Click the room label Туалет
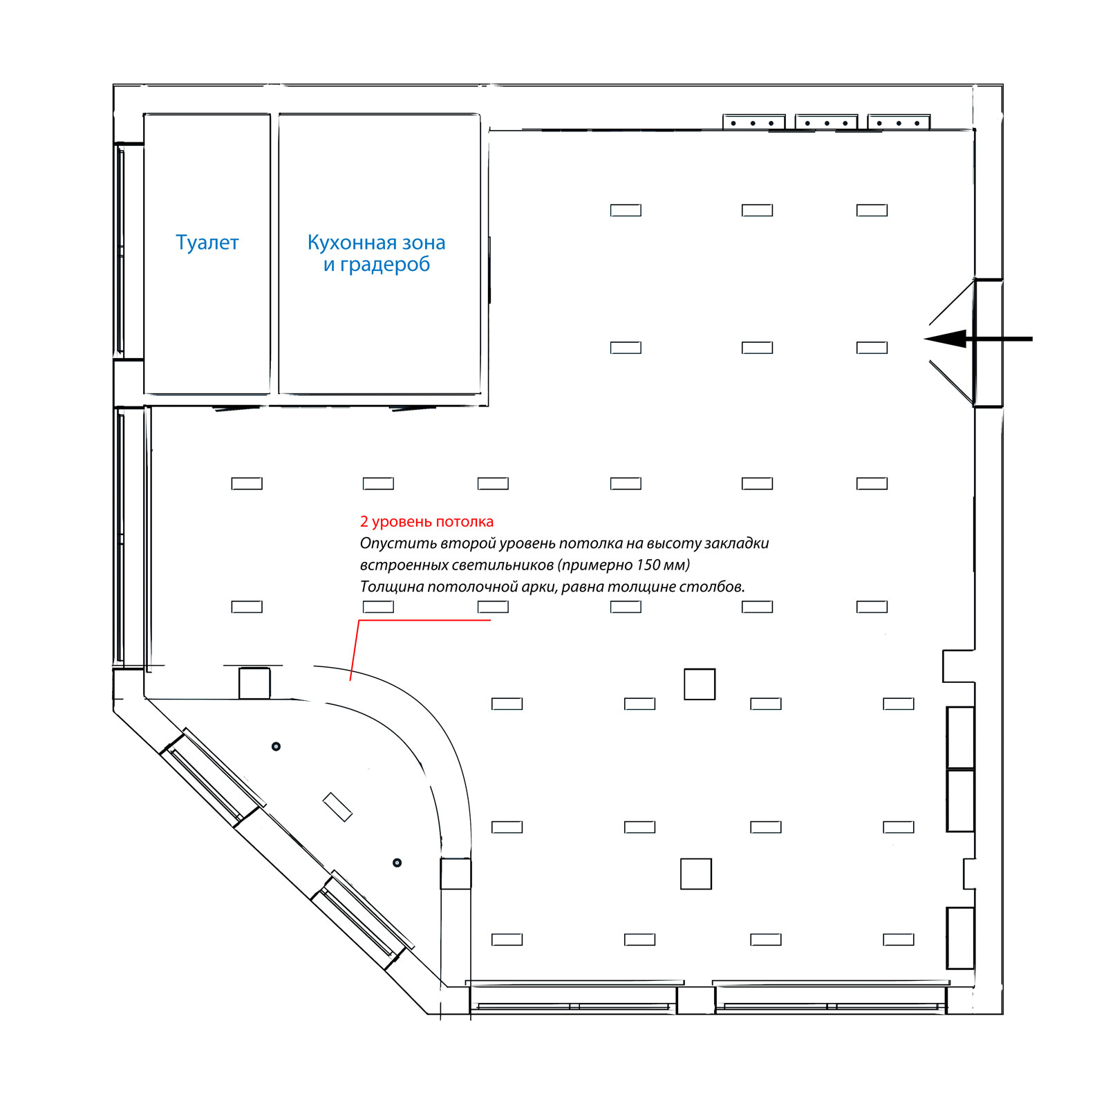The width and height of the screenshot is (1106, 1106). point(207,243)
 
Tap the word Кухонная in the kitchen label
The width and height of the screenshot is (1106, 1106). point(352,243)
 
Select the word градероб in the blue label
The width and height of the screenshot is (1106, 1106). point(385,265)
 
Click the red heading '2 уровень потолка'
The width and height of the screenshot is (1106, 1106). point(427,522)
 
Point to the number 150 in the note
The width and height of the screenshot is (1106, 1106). point(648,565)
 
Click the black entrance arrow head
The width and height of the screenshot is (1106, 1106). point(945,339)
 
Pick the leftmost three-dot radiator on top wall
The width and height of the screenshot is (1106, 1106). point(754,122)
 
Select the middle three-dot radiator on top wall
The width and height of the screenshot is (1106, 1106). point(827,122)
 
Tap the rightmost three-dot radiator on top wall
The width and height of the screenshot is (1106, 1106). point(899,122)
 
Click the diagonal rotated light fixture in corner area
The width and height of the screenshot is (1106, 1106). point(337,807)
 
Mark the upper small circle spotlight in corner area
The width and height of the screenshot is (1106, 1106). point(276,747)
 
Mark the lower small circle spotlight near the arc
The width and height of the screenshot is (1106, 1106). point(397,863)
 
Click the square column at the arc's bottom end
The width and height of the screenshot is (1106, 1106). point(456,874)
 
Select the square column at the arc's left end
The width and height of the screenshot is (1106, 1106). point(254,683)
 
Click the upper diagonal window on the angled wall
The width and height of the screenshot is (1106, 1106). point(213,777)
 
